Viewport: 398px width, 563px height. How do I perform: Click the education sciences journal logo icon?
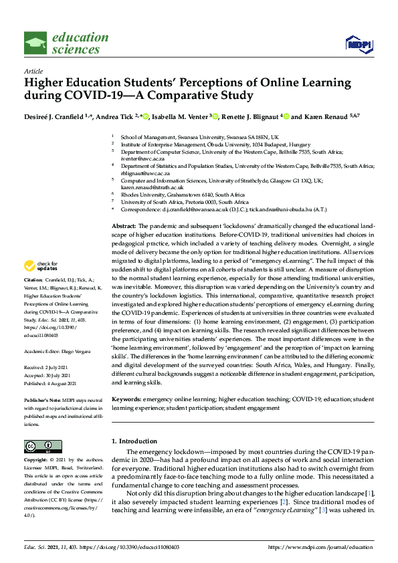tap(35, 43)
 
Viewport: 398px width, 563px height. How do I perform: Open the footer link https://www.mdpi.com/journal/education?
tap(320, 546)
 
